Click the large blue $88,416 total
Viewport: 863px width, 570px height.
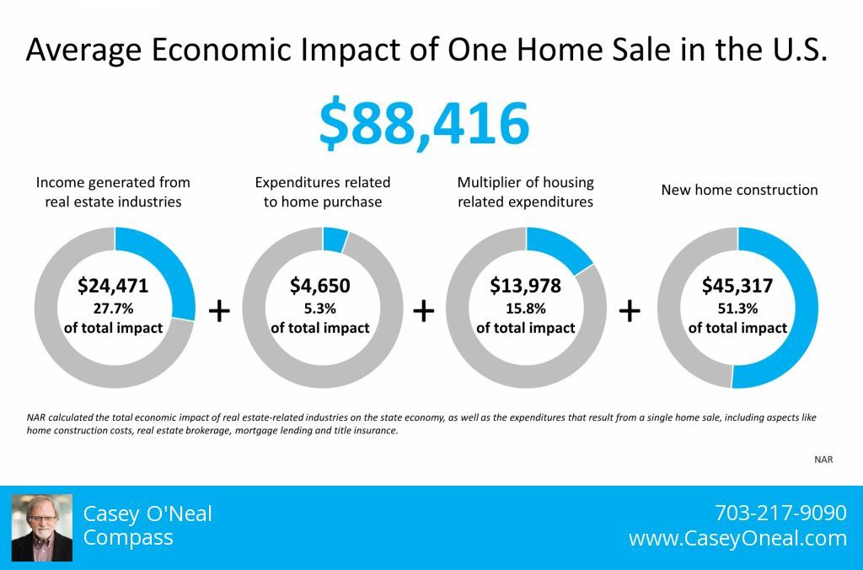[x=424, y=123]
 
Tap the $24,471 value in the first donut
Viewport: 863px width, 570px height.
[x=113, y=286]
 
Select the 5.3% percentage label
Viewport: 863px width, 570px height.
[x=319, y=309]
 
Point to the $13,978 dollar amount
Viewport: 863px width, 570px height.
[x=526, y=286]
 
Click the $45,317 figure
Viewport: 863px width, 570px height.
[x=737, y=286]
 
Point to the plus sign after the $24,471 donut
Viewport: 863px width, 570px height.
[x=219, y=311]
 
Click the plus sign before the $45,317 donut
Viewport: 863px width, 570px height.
[x=630, y=311]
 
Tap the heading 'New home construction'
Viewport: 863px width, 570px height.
[x=739, y=190]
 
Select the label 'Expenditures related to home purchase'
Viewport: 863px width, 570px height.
[x=323, y=192]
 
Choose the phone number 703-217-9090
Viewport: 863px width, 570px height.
[x=780, y=513]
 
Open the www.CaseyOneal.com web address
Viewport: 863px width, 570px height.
[x=737, y=538]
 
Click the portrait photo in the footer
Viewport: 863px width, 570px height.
[x=42, y=528]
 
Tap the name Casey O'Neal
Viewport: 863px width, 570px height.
[x=147, y=514]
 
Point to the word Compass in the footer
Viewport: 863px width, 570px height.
[x=128, y=537]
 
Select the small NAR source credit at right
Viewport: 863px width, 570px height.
[x=823, y=460]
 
